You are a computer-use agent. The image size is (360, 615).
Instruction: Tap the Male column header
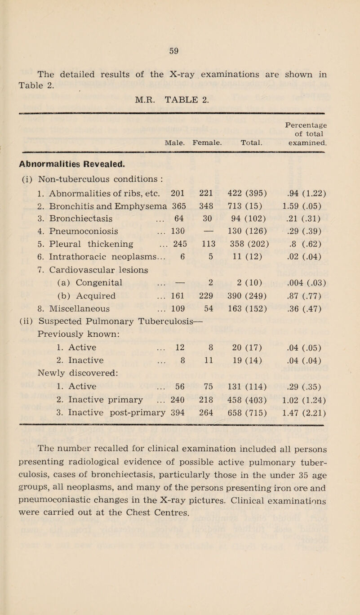click(x=173, y=143)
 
